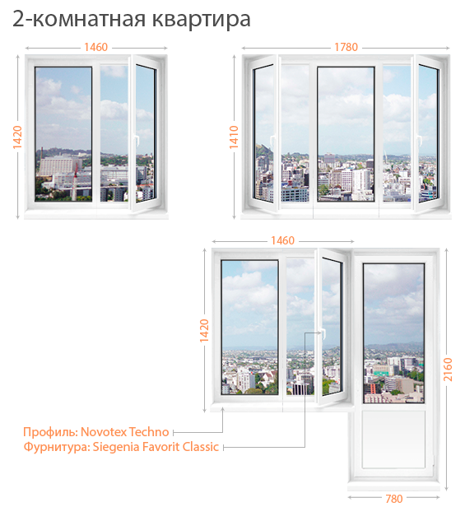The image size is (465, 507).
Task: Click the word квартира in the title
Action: pos(201,20)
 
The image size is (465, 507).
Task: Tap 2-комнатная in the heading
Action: pos(79,19)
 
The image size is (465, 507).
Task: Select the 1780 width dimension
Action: pos(346,47)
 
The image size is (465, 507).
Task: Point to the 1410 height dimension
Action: pos(234,137)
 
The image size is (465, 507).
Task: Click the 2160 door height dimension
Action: pos(448,370)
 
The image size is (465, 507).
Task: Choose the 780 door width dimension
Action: pos(394,499)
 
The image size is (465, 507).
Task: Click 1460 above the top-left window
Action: pos(95,47)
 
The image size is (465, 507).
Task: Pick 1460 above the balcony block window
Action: pos(282,240)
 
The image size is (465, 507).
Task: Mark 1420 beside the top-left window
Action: pos(17,137)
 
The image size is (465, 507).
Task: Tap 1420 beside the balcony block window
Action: pos(204,331)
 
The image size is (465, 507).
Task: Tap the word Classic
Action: pos(201,447)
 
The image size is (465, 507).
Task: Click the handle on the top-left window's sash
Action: pos(136,139)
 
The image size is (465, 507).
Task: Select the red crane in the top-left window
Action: pos(75,182)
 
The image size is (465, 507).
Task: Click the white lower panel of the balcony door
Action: pos(393,440)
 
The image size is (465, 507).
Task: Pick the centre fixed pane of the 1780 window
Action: pos(346,134)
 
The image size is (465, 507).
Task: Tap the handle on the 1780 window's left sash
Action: pos(272,142)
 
